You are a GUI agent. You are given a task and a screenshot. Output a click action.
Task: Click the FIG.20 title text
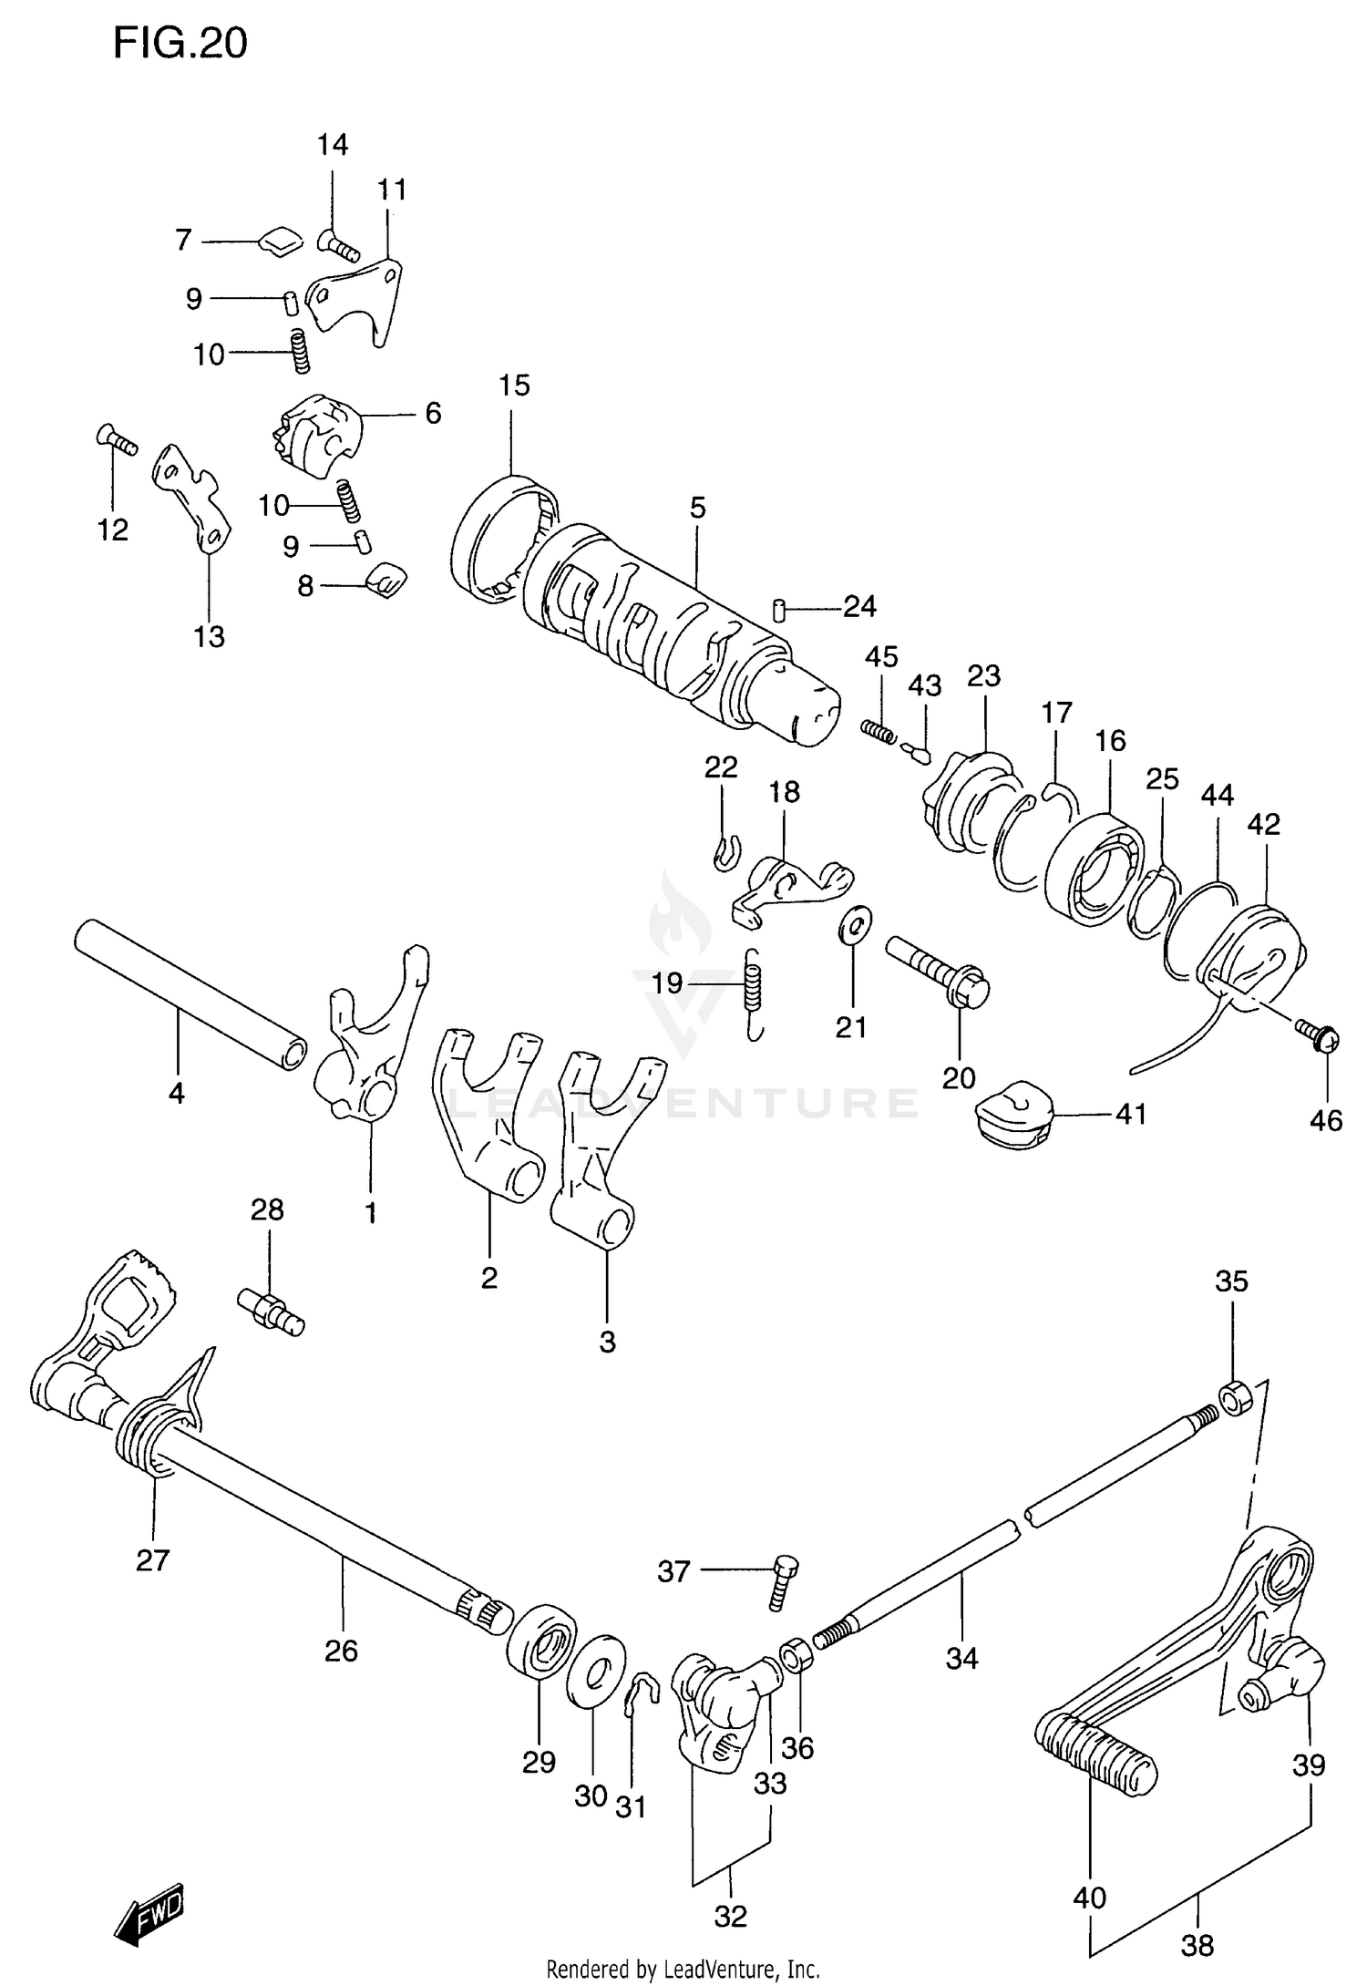click(x=180, y=43)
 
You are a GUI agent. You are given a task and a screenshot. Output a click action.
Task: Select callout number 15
click(x=514, y=386)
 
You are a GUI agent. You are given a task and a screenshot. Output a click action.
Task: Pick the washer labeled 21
click(x=855, y=924)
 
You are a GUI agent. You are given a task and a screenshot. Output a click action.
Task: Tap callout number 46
click(x=1326, y=1120)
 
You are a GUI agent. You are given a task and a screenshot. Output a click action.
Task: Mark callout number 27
click(x=152, y=1560)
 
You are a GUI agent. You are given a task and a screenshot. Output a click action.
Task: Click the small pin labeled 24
click(x=779, y=609)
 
